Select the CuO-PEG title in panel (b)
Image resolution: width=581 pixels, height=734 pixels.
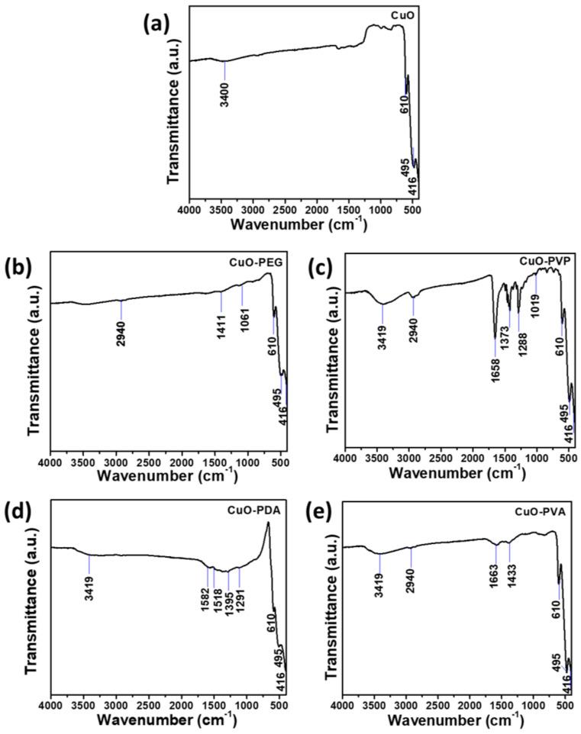[253, 263]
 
